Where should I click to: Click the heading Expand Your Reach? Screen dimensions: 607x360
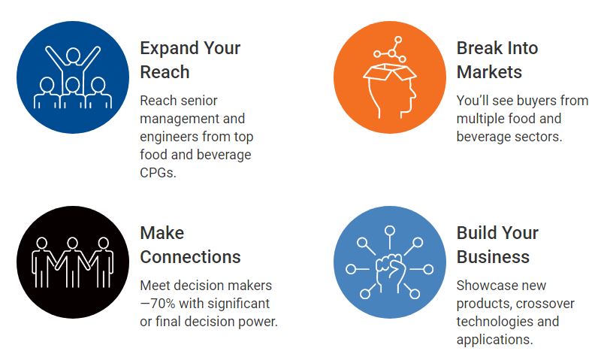[190, 60]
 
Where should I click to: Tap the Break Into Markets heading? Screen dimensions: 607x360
[497, 60]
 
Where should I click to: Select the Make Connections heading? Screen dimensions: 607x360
[190, 245]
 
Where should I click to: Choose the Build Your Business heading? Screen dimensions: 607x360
[497, 245]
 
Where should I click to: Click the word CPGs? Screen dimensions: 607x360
[158, 173]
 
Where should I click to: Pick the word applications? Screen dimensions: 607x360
[495, 340]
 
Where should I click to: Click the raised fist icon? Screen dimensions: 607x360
[389, 271]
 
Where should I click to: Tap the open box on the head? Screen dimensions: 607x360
[390, 73]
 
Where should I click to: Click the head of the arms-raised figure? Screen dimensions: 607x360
[73, 56]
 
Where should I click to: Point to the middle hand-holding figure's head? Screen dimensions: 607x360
[72, 243]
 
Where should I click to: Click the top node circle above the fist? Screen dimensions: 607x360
[390, 231]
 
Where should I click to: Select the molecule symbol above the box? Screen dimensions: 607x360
[390, 50]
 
